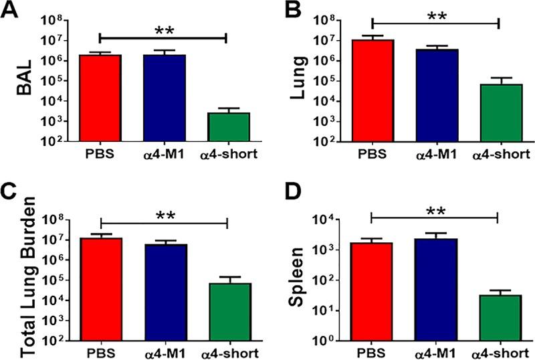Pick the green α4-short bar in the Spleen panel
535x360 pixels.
click(498, 317)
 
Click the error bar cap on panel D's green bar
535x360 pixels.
click(498, 290)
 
